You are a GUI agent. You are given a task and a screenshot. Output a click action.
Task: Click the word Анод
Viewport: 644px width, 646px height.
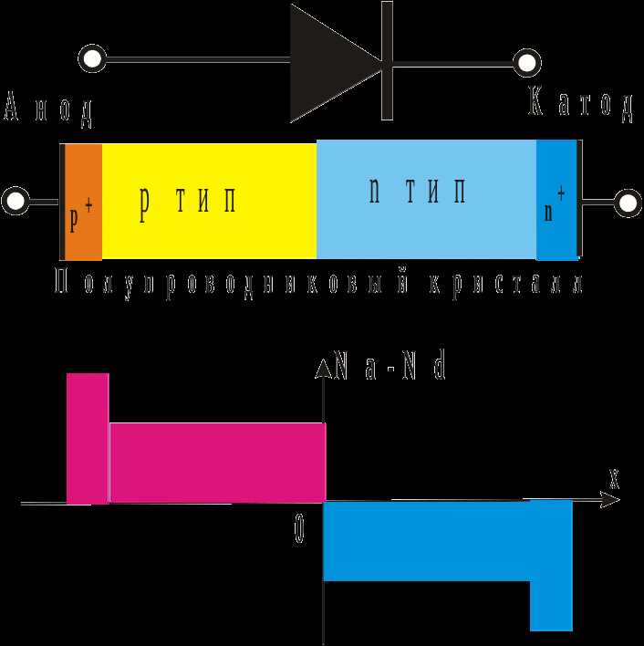[48, 109]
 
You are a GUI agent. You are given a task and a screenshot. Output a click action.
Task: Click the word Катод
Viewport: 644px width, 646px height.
[580, 105]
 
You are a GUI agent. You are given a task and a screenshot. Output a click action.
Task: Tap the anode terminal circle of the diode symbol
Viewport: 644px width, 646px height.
[92, 58]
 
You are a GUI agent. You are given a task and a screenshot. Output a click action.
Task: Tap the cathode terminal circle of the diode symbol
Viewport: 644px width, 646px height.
[527, 63]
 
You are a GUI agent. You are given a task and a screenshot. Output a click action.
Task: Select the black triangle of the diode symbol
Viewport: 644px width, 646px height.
[329, 64]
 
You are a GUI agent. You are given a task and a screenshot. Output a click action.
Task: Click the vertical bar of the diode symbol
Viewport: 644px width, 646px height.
[387, 60]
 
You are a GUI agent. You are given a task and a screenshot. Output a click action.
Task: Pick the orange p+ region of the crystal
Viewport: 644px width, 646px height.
[84, 202]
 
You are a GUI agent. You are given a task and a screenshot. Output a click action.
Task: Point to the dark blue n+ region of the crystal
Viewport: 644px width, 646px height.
[556, 200]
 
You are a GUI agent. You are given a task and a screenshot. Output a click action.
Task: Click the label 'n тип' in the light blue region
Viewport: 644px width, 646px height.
[417, 191]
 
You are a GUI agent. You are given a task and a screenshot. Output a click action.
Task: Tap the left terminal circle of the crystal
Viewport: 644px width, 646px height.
[16, 201]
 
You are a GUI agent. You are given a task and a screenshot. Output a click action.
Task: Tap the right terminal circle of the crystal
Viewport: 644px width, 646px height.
[628, 203]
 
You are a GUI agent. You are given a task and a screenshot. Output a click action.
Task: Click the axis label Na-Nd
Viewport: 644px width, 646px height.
[390, 365]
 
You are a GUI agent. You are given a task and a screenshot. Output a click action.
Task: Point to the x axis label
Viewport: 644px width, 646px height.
[614, 480]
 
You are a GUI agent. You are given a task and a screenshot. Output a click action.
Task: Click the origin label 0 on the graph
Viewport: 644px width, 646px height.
[299, 529]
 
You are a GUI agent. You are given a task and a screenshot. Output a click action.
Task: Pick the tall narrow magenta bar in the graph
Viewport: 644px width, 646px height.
[88, 438]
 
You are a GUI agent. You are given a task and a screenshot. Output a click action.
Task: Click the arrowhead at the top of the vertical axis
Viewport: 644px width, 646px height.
[324, 368]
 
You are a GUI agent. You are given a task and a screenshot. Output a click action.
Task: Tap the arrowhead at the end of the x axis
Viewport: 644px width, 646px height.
[610, 500]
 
